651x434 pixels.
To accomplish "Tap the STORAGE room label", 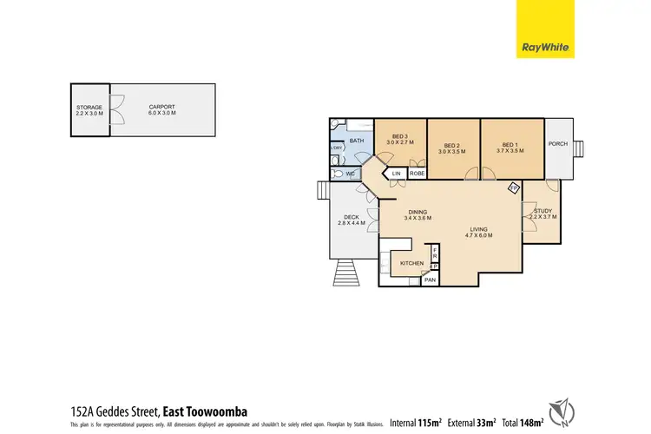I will pyautogui.click(x=89, y=107).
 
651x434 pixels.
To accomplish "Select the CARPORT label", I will pyautogui.click(x=161, y=107).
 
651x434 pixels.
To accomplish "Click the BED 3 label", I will pyautogui.click(x=399, y=135).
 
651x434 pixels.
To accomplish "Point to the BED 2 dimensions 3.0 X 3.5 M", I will pyautogui.click(x=450, y=152).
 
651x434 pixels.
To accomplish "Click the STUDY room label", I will pyautogui.click(x=543, y=209).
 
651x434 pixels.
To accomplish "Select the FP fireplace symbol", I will pyautogui.click(x=514, y=187).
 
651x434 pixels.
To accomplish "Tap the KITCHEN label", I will pyautogui.click(x=411, y=262).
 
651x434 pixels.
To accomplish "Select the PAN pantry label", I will pyautogui.click(x=430, y=279).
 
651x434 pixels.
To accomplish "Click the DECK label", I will pyautogui.click(x=352, y=217).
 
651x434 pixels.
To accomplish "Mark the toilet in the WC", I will pyautogui.click(x=337, y=174).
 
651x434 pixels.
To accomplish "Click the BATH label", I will pyautogui.click(x=357, y=141).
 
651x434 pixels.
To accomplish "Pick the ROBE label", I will pyautogui.click(x=417, y=174).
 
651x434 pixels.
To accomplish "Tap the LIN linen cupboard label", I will pyautogui.click(x=397, y=174).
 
